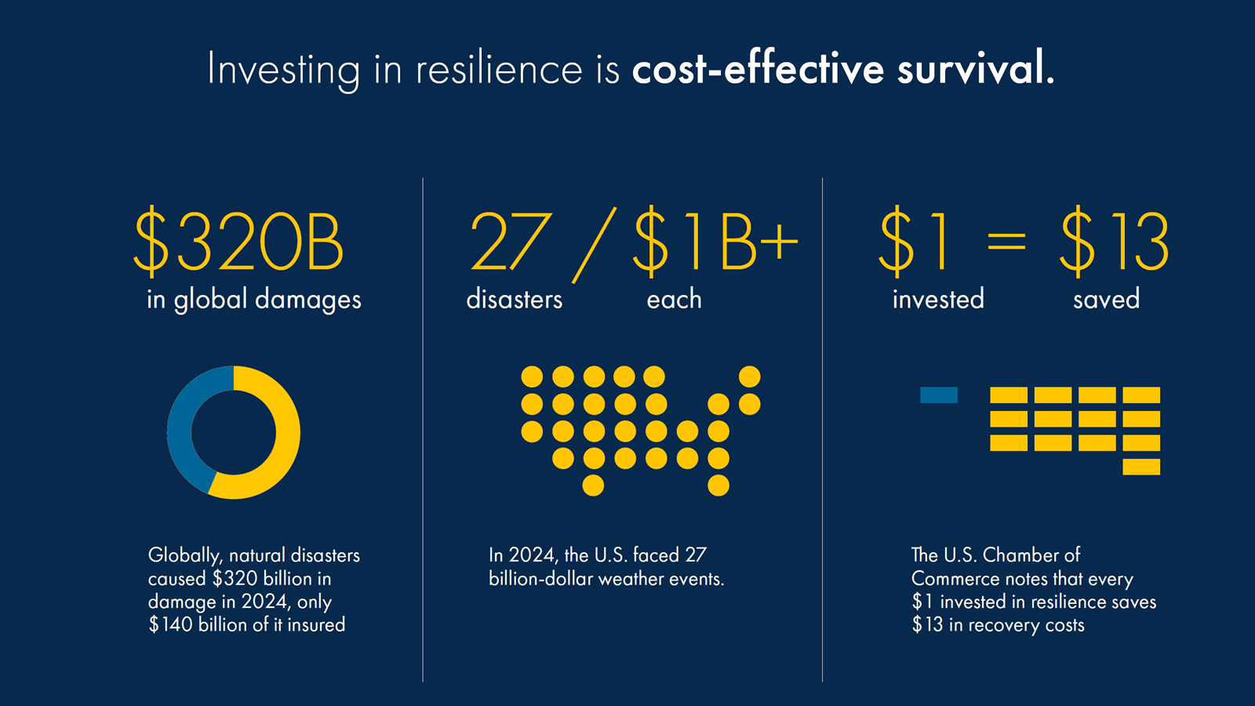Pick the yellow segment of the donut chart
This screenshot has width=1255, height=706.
coord(286,439)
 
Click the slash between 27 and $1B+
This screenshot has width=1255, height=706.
coord(594,245)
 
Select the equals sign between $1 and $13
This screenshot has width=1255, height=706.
coord(1006,241)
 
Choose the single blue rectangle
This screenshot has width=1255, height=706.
coord(938,395)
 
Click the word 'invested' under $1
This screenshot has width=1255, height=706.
coord(938,299)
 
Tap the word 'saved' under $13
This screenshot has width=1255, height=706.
coord(1106,299)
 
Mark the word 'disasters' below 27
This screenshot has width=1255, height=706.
coord(515,299)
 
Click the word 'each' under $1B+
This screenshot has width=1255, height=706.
coord(674,299)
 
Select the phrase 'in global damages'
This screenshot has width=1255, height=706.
coord(254,300)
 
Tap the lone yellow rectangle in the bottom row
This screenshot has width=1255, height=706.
coord(1140,468)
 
